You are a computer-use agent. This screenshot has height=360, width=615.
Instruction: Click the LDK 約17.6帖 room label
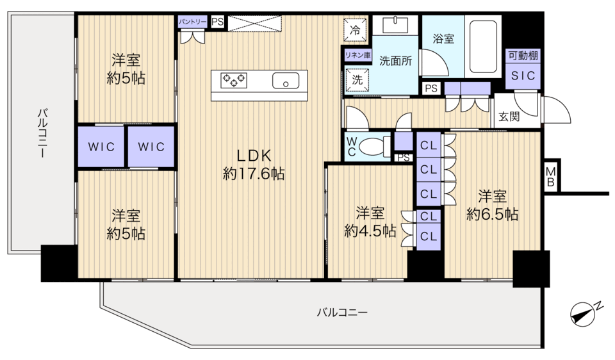point(254,165)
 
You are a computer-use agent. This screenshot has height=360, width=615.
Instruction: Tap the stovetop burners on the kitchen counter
point(234,81)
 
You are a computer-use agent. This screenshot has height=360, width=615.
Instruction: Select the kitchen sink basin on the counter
point(286,81)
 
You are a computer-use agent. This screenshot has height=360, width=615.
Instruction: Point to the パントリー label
point(192,22)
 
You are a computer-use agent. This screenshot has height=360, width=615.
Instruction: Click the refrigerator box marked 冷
point(356,30)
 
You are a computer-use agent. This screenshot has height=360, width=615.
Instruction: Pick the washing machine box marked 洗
point(357,80)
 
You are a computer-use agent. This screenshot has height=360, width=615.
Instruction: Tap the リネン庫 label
point(357,55)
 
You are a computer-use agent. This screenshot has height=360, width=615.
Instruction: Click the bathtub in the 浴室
point(483,47)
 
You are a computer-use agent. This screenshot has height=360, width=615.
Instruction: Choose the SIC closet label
point(523,76)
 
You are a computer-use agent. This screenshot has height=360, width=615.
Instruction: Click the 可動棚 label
point(523,56)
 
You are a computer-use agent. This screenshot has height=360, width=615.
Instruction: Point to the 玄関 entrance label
point(509,117)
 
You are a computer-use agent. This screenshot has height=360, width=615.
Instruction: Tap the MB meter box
point(551,176)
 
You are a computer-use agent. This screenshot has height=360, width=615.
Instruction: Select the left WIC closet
point(101,147)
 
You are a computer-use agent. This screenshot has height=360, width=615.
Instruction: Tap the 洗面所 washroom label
point(395,61)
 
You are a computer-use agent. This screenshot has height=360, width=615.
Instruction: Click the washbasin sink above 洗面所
point(395,25)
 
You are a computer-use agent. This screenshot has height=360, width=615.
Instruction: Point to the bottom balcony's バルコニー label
point(342,313)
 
